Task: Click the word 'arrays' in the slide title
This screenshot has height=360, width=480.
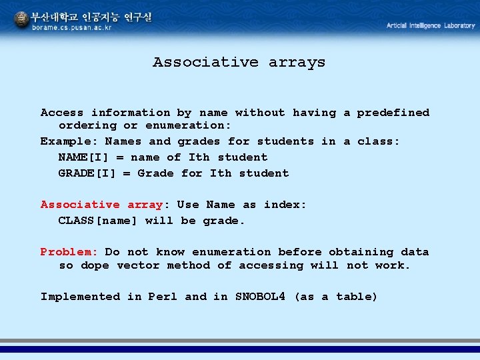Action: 297,63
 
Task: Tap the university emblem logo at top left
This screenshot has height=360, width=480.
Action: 22,19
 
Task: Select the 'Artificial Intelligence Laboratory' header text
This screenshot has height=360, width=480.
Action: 431,25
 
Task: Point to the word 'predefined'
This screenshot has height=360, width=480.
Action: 393,113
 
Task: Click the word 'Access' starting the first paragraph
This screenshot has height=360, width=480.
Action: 62,113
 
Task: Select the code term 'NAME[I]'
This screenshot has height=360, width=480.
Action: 83,157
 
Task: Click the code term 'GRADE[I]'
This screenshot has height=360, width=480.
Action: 87,173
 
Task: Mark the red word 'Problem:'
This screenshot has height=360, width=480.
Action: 69,252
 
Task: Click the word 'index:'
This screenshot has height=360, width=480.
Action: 285,205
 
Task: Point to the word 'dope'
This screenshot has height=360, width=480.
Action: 95,265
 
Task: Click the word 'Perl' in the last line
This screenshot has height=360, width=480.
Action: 163,297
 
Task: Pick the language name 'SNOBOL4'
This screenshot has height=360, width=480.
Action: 260,296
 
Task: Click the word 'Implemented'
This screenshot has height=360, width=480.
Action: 80,297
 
